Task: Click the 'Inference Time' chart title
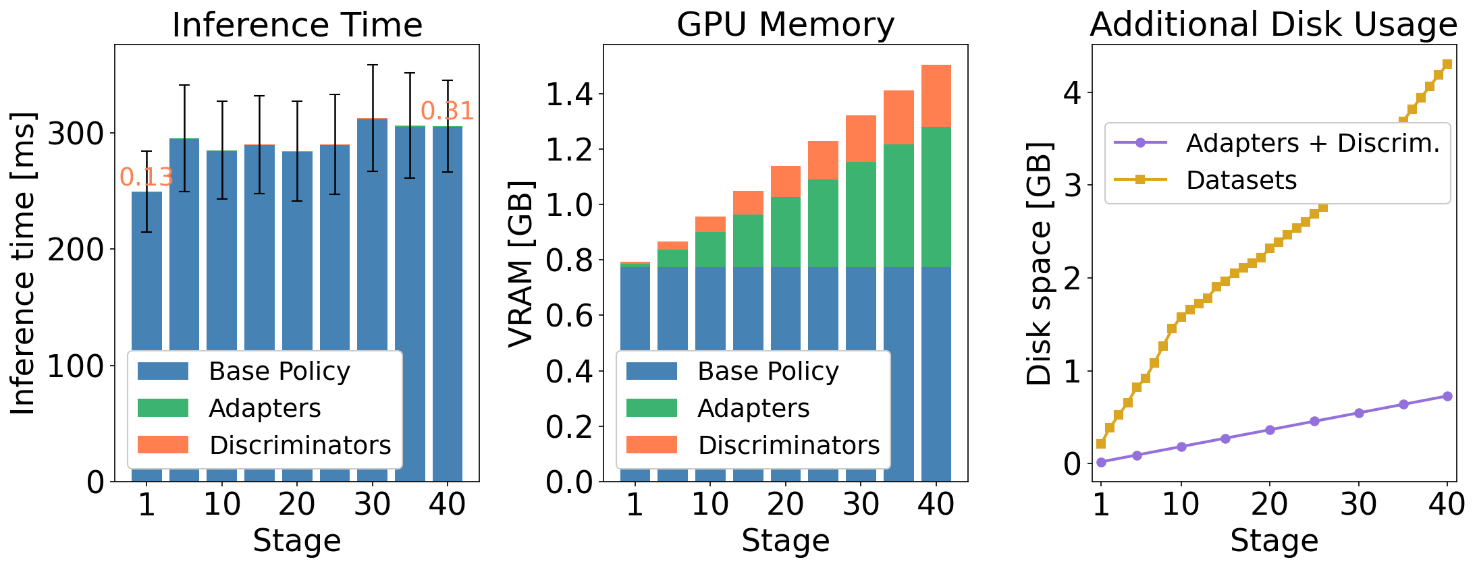(297, 25)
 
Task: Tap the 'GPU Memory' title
(785, 25)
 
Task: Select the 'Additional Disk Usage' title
(1274, 25)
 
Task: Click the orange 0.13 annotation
(146, 177)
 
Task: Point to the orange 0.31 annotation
(447, 111)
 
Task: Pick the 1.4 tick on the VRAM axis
(569, 94)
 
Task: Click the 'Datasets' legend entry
(1241, 180)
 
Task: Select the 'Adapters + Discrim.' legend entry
(1313, 143)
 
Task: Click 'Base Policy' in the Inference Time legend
(279, 371)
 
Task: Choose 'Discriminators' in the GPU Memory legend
(788, 445)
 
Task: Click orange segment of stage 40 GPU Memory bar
(936, 95)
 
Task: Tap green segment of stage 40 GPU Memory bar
(936, 196)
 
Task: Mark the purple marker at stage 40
(1447, 396)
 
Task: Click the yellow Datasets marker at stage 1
(1101, 443)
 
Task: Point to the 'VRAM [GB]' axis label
(521, 263)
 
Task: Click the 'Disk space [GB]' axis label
(1040, 263)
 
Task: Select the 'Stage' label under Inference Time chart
(297, 541)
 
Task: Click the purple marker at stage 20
(1270, 430)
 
